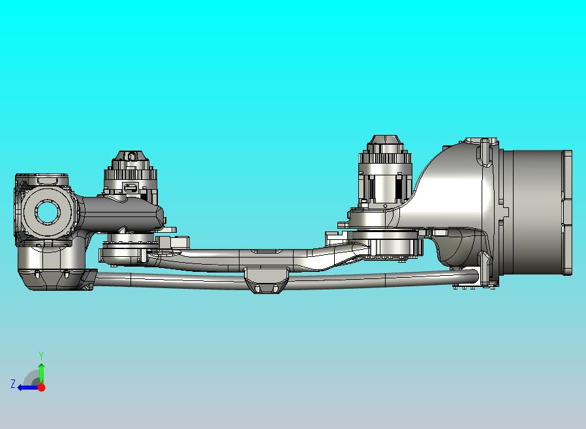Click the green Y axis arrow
tap(42, 373)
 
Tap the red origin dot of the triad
tap(42, 387)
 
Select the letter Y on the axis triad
tap(41, 355)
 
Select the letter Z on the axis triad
tap(13, 384)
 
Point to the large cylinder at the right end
tap(537, 213)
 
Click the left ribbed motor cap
tap(130, 170)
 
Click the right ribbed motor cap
tap(385, 154)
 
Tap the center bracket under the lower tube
tap(266, 280)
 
